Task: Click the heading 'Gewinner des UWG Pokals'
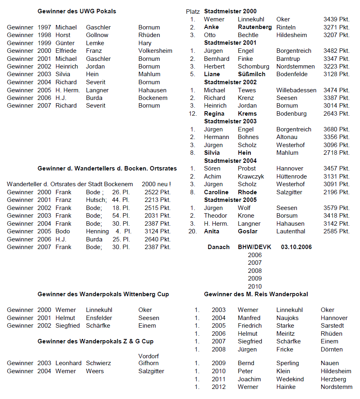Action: pyautogui.click(x=77, y=11)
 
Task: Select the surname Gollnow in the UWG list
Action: pyautogui.click(x=97, y=35)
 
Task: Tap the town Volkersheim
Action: pyautogui.click(x=155, y=51)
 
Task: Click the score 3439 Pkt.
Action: pyautogui.click(x=336, y=19)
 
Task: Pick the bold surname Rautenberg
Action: pyautogui.click(x=255, y=27)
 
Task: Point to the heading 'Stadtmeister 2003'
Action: pyautogui.click(x=230, y=121)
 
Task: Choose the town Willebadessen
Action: pyautogui.click(x=296, y=90)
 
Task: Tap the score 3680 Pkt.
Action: pyautogui.click(x=336, y=129)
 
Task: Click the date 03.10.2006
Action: pyautogui.click(x=296, y=247)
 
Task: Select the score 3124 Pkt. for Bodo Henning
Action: pyautogui.click(x=158, y=231)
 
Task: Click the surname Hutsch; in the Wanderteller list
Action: pyautogui.click(x=96, y=200)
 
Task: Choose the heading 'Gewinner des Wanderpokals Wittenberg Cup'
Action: pyautogui.click(x=103, y=294)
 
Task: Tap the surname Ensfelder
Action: pyautogui.click(x=99, y=318)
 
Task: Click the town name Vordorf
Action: pyautogui.click(x=148, y=356)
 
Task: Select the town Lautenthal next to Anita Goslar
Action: pyautogui.click(x=291, y=231)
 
